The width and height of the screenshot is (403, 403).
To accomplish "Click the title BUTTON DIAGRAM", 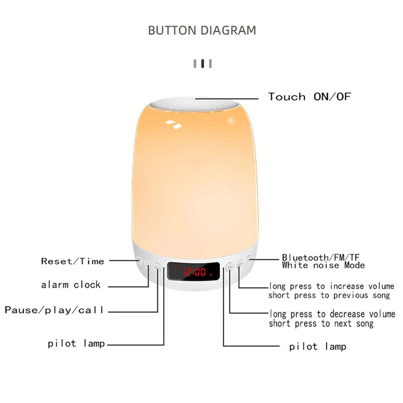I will pos(202,30).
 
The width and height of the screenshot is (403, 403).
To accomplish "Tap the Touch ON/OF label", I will pos(309,97).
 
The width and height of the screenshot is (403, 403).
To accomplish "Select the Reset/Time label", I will pos(73,261).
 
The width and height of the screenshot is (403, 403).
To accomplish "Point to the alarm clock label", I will pos(71,285).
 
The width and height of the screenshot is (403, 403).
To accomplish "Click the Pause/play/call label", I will pos(54,310).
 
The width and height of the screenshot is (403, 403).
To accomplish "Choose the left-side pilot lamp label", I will pos(76,344).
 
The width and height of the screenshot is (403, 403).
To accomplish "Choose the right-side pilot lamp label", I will pos(317,347).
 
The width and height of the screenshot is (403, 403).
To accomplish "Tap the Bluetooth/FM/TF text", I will pos(321,257).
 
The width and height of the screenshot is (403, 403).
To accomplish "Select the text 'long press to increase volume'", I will pos(331,286).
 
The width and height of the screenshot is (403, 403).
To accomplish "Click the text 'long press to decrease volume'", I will pos(332,314).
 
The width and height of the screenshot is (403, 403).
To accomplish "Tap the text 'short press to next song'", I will pos(321,324).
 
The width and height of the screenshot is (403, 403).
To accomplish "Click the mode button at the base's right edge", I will pos(249,260).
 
